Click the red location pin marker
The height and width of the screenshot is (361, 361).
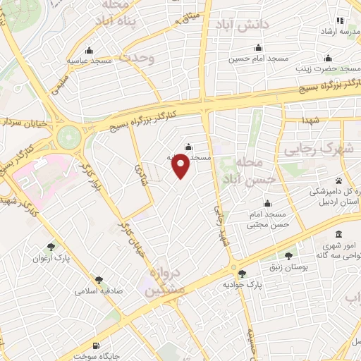(x=181, y=164)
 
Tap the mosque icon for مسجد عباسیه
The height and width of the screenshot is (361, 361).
(x=89, y=51)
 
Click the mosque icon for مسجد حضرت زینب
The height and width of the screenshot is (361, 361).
(x=327, y=59)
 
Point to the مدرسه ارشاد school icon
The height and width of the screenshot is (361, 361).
(x=341, y=20)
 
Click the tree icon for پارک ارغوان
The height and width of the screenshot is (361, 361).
(x=51, y=247)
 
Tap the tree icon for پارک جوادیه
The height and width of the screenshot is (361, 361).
(x=243, y=274)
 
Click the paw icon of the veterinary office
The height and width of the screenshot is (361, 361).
(x=338, y=181)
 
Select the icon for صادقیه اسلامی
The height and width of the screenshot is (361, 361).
(x=99, y=280)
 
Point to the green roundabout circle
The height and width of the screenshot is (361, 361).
(x=69, y=137)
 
